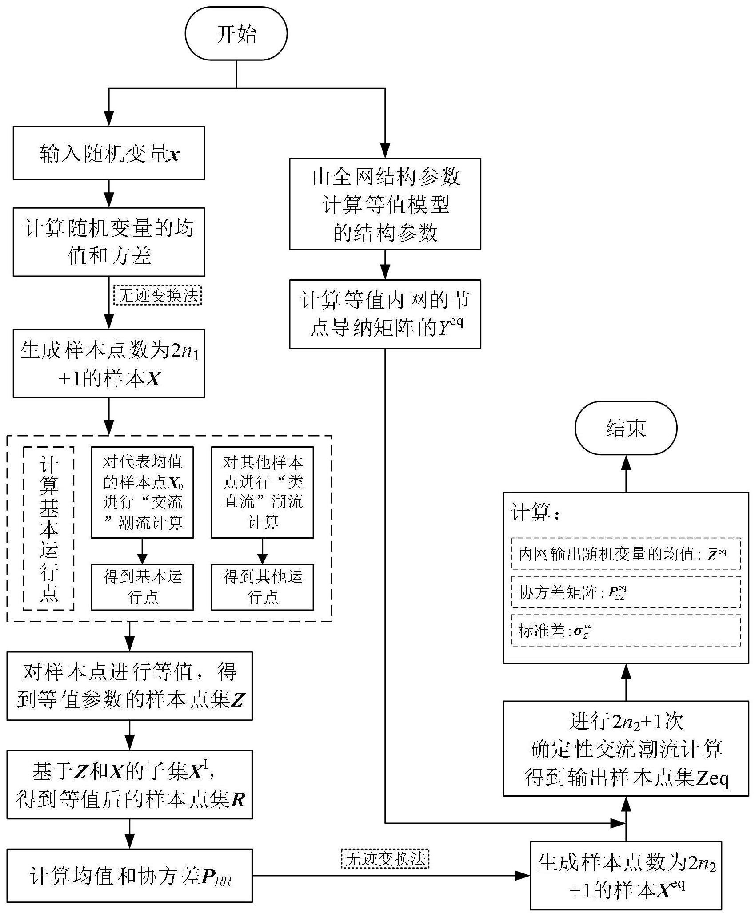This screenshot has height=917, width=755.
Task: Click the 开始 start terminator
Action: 236,34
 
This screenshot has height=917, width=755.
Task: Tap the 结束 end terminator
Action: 626,428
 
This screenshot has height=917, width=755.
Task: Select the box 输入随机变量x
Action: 109,153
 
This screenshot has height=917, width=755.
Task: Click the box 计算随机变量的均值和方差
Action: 109,242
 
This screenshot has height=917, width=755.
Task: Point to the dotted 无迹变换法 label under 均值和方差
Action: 158,295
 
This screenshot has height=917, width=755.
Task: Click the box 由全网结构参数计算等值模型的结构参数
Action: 385,204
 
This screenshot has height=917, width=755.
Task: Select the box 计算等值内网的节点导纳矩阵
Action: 385,314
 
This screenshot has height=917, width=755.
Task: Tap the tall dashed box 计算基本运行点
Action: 48,528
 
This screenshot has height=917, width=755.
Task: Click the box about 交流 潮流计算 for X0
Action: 142,492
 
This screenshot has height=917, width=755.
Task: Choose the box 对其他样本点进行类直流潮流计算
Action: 262,492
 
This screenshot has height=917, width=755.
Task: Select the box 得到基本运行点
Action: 142,587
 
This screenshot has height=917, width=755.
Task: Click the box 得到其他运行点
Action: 262,587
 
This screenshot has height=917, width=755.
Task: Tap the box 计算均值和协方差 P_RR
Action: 129,876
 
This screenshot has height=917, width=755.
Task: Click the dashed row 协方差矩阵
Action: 626,592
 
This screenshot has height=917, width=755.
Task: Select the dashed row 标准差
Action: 626,630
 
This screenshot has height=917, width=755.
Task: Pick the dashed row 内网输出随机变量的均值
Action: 626,553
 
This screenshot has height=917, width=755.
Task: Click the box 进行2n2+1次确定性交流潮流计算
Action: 626,748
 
